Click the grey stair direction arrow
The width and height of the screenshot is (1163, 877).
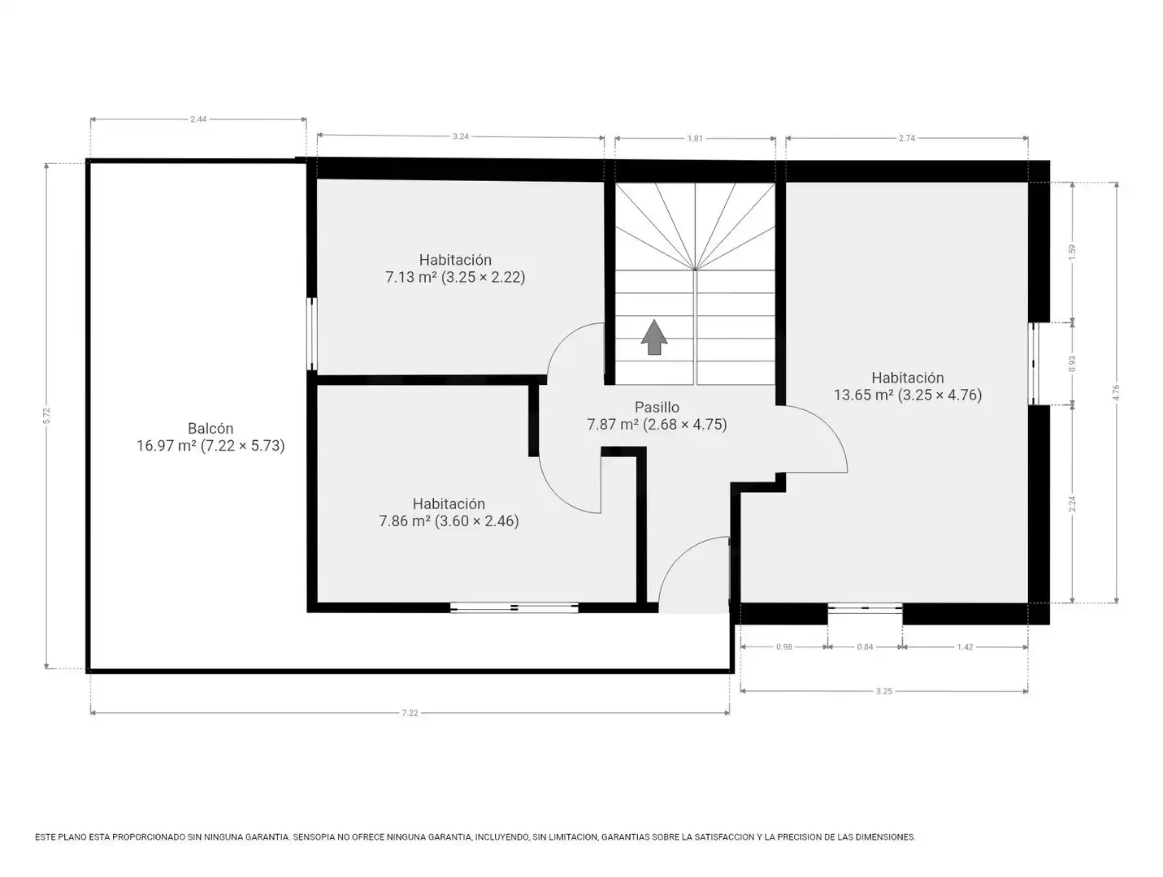pos(653,337)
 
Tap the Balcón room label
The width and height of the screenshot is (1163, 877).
pos(210,428)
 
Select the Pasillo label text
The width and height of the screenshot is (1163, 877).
pos(657,407)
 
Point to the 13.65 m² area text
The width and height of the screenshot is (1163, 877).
pos(864,395)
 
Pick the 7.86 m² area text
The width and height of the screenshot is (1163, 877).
pos(404,521)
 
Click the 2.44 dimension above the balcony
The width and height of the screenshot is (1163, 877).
pos(198,119)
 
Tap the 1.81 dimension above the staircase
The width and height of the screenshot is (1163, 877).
pos(695,138)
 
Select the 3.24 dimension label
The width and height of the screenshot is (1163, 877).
pos(461,136)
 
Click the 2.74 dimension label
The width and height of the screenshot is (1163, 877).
pos(906,138)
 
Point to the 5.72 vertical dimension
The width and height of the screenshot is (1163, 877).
pos(46,416)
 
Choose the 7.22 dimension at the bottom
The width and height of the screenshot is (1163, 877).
pos(410,713)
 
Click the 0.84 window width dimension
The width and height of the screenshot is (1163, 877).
pos(865,646)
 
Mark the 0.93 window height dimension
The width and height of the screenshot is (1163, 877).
pos(1073,363)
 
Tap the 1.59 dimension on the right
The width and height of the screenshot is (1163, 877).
pos(1073,252)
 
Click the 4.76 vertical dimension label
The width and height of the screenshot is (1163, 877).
pos(1117,392)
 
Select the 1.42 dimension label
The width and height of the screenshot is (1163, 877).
pos(965,646)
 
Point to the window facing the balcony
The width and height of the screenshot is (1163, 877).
pos(312,334)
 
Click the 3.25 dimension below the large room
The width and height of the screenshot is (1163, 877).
pos(883,691)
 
